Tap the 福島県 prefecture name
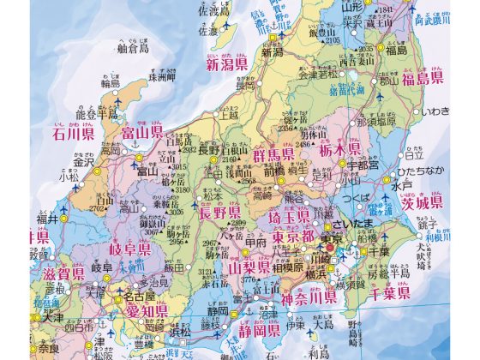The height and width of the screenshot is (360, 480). click(417, 79)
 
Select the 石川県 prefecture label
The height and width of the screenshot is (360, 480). click(72, 133)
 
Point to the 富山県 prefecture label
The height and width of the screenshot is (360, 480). click(143, 132)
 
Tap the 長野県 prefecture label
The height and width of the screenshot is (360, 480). click(221, 213)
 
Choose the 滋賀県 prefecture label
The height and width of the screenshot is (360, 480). click(65, 273)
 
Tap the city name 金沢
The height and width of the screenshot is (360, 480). click(83, 162)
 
